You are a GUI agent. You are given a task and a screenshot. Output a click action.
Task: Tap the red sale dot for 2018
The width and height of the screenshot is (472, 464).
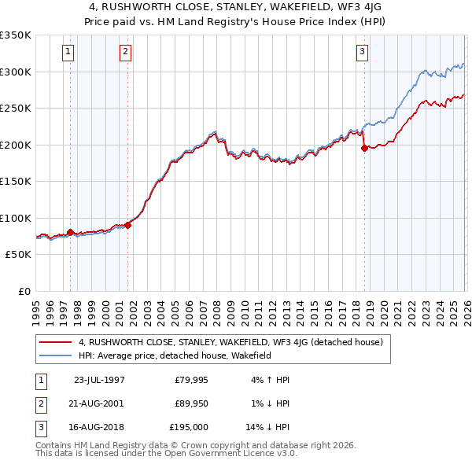(x=364, y=148)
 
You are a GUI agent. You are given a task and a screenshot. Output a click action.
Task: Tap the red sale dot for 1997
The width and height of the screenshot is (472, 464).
(x=71, y=232)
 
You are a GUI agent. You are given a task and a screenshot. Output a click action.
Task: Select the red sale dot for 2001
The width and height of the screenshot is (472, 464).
(x=127, y=225)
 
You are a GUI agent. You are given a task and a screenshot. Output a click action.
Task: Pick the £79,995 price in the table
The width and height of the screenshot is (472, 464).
(x=190, y=379)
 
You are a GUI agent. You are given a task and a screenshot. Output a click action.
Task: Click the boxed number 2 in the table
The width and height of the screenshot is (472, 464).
(x=40, y=403)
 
